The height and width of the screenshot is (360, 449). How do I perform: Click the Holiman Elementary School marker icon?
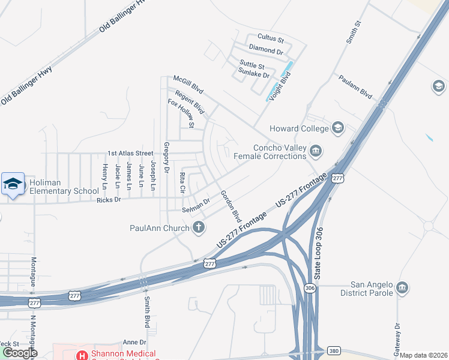click(x=13, y=184)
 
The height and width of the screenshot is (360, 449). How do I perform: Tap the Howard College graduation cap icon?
click(x=338, y=128)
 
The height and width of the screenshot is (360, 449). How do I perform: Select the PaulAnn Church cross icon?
click(x=199, y=227)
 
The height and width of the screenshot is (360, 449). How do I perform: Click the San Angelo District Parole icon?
click(x=402, y=288)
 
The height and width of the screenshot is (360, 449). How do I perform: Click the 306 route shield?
click(x=310, y=288)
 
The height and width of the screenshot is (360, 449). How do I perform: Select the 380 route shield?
click(x=334, y=350)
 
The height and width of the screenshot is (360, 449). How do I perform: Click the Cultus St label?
click(x=270, y=37)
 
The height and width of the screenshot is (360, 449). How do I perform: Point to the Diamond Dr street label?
click(x=266, y=52)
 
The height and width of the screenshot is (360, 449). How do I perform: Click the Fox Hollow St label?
click(x=181, y=114)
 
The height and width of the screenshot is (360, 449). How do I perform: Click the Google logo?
click(x=20, y=353)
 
